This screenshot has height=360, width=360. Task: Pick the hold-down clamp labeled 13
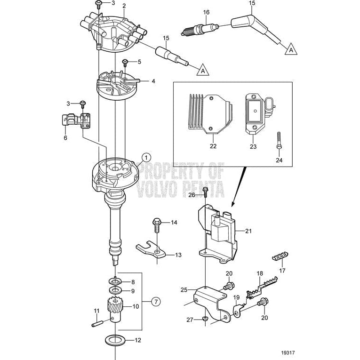[x=151, y=252]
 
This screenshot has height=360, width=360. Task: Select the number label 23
[x=253, y=146]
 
